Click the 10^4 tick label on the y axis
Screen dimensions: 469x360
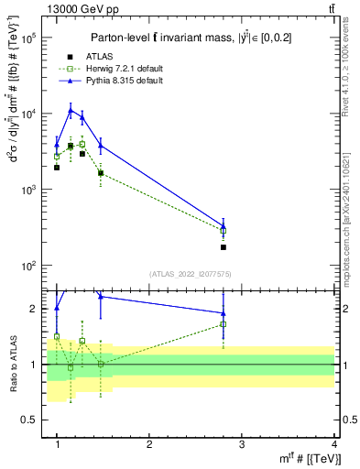29,115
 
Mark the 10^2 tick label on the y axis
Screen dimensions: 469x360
29,266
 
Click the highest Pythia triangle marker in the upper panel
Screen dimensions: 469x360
70,111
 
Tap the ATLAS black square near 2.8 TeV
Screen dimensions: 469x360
224,247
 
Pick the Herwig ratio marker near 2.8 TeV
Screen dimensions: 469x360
224,324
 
